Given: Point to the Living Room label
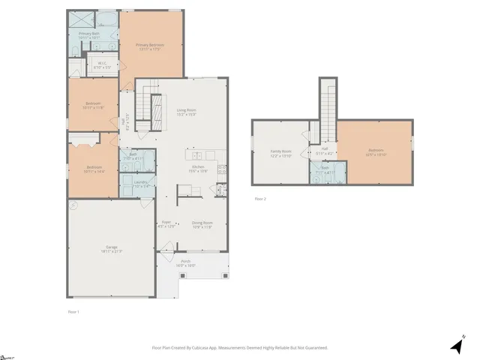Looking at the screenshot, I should pos(186,112).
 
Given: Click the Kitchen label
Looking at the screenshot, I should pos(198,168).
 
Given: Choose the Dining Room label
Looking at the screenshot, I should pos(203,224).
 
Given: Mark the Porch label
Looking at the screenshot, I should pos(185,263).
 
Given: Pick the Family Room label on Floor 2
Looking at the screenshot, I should pos(280,153).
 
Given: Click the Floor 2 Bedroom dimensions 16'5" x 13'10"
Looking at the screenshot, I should pos(376,154).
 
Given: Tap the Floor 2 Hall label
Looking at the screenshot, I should pos(325,150).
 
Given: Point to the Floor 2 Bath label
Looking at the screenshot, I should pos(325,172).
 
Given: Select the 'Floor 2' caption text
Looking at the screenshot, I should pos(260,199).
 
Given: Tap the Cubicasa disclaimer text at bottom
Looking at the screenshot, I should pos(240,347).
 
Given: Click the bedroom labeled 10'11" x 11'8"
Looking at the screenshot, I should pos(93,106).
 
